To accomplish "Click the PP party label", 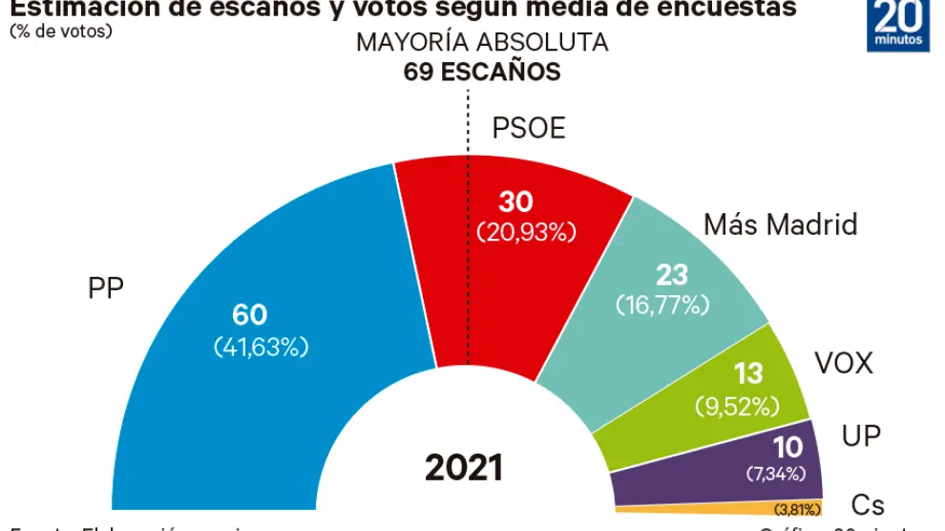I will coord(106,289).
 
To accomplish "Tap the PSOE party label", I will coord(529,127).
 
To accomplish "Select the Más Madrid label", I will coord(780,224).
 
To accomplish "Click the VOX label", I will coord(844,364).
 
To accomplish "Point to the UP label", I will coord(861,435).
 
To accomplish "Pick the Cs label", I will coord(868,505).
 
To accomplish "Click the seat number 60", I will coord(250,314).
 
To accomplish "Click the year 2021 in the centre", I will coord(464,467).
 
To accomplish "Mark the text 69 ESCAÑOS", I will coord(482,72).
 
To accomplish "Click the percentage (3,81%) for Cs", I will coord(788,508).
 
